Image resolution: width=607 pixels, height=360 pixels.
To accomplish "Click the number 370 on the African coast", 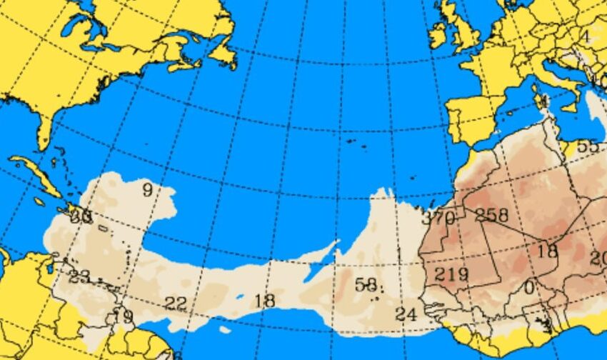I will (x=438, y=218).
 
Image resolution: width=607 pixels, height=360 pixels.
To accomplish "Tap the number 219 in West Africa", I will (x=451, y=274).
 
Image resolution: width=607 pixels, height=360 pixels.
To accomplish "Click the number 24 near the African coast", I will (x=406, y=314).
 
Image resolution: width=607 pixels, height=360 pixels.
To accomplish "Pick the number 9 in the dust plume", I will (x=148, y=190).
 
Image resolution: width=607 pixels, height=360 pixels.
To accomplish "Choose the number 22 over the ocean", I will (x=175, y=304).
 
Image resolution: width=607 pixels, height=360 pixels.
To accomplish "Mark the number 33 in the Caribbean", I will (x=81, y=218).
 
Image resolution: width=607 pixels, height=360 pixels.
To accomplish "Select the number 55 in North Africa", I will (x=588, y=146).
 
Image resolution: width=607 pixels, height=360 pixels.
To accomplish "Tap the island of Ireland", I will (x=437, y=32).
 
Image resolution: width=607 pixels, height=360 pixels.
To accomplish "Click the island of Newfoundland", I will (x=223, y=54).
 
